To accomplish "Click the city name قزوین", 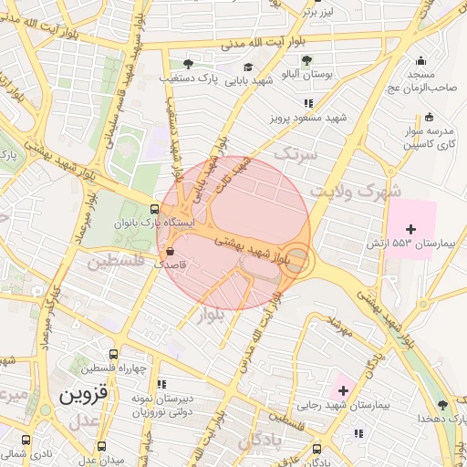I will coord(83,396).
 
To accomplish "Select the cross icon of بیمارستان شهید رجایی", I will coord(342,389).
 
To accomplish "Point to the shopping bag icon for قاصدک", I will coord(171,249).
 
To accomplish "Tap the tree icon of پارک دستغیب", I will coord(188,64).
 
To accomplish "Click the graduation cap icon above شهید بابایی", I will coord(247,67).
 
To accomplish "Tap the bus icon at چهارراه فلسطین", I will coord(113,354).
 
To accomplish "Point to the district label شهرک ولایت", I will coord(356,192).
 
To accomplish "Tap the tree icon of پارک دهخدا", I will coord(442,404).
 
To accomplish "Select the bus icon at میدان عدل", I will coord(100,447).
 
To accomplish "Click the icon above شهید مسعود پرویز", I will coord(308,103).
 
